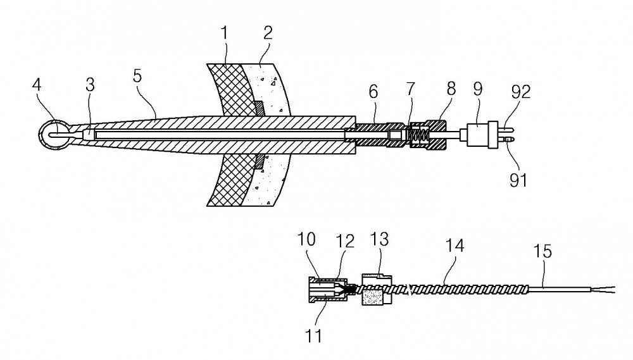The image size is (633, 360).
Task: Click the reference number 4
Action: click(37, 85)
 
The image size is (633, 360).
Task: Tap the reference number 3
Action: click(90, 85)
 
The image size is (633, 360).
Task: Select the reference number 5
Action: click(137, 75)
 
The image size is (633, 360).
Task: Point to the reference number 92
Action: click(521, 92)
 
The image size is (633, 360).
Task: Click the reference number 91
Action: click(518, 180)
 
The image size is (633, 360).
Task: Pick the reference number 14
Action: click(454, 245)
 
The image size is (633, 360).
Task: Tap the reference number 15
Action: click(542, 251)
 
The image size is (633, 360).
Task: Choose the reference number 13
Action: click(379, 239)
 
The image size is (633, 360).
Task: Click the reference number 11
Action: click(314, 336)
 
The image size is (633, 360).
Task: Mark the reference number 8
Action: click(451, 89)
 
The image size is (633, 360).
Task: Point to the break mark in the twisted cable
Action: click(411, 289)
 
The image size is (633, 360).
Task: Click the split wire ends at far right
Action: click(603, 289)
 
